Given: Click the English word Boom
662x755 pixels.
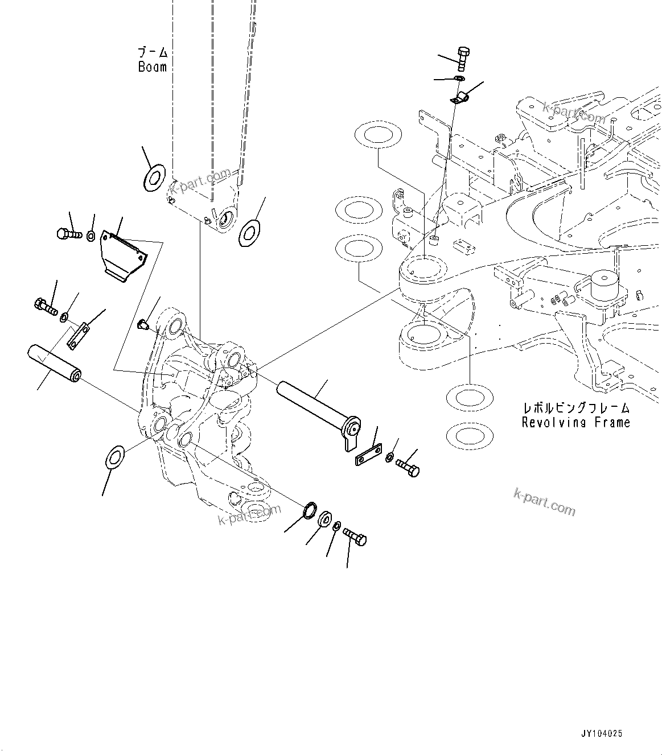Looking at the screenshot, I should [x=153, y=67].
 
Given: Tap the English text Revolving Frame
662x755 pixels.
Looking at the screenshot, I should [x=576, y=423].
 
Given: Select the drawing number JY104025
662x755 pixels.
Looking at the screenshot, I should [x=602, y=733].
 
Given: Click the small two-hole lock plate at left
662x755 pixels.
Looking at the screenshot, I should [x=79, y=335].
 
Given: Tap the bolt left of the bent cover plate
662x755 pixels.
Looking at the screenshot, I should [x=68, y=233].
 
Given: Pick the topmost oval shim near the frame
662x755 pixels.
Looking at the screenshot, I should [x=376, y=135].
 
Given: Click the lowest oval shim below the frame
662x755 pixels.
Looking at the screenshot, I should [x=469, y=436].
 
